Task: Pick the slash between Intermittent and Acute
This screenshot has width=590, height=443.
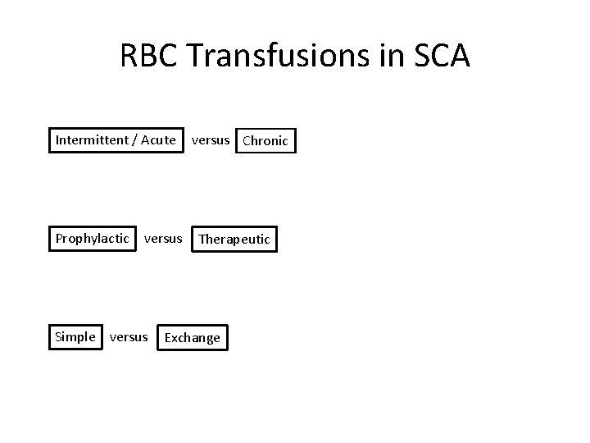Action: [x=135, y=139]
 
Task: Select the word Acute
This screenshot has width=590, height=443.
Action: [x=158, y=139]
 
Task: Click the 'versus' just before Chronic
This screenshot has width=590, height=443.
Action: [x=211, y=139]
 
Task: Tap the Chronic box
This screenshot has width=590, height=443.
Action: [x=265, y=140]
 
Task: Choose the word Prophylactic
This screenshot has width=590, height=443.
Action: [x=93, y=239]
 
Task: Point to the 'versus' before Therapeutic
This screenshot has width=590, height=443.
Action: [x=163, y=239]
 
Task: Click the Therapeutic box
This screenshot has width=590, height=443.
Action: [x=234, y=240]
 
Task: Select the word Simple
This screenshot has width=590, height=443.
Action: [x=75, y=336]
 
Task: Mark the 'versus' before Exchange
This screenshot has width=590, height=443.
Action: [x=129, y=336]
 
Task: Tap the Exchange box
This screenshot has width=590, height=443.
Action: [x=193, y=337]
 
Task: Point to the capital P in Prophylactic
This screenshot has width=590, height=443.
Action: [x=59, y=239]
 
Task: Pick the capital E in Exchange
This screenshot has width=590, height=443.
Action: [x=169, y=337]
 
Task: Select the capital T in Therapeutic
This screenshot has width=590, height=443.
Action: [x=202, y=240]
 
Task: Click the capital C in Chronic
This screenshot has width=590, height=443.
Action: [x=247, y=140]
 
